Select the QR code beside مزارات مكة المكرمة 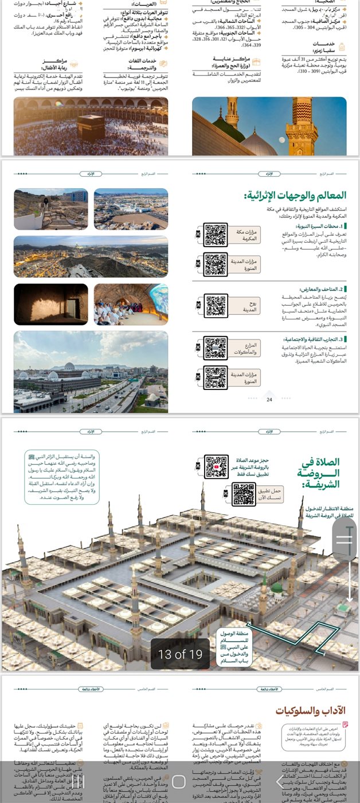click(216, 235)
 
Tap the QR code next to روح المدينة click(216, 305)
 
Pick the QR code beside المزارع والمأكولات click(216, 348)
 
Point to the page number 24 click(269, 400)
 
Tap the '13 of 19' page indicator click(180, 654)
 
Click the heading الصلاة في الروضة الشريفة click(319, 473)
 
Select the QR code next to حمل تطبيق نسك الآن click(244, 494)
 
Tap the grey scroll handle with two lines click(345, 539)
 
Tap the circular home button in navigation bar click(179, 781)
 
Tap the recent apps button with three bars click(79, 781)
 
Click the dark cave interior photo click(50, 305)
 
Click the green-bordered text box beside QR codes click(62, 477)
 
